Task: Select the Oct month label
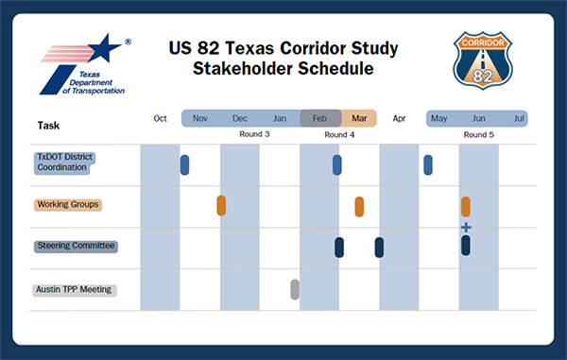pyautogui.click(x=161, y=119)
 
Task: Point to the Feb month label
pyautogui.click(x=320, y=119)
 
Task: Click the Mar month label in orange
pyautogui.click(x=359, y=119)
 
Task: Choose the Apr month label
pyautogui.click(x=399, y=119)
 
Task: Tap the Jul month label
pyautogui.click(x=519, y=119)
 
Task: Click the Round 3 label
pyautogui.click(x=254, y=135)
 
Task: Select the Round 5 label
pyautogui.click(x=478, y=135)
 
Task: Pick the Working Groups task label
pyautogui.click(x=68, y=204)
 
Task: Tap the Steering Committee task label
pyautogui.click(x=76, y=246)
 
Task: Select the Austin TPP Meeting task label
pyautogui.click(x=75, y=289)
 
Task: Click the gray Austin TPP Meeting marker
pyautogui.click(x=295, y=289)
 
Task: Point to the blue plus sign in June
pyautogui.click(x=466, y=228)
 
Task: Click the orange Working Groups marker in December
pyautogui.click(x=221, y=205)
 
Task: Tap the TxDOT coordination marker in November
pyautogui.click(x=184, y=164)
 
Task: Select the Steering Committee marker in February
pyautogui.click(x=339, y=247)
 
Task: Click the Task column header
pyautogui.click(x=48, y=125)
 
